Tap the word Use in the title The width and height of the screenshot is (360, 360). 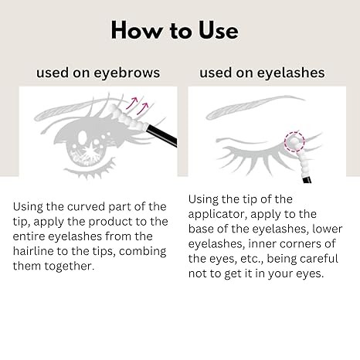[x=216, y=30]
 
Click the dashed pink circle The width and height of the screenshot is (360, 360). [x=294, y=142]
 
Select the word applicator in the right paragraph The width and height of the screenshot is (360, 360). [x=223, y=214]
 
